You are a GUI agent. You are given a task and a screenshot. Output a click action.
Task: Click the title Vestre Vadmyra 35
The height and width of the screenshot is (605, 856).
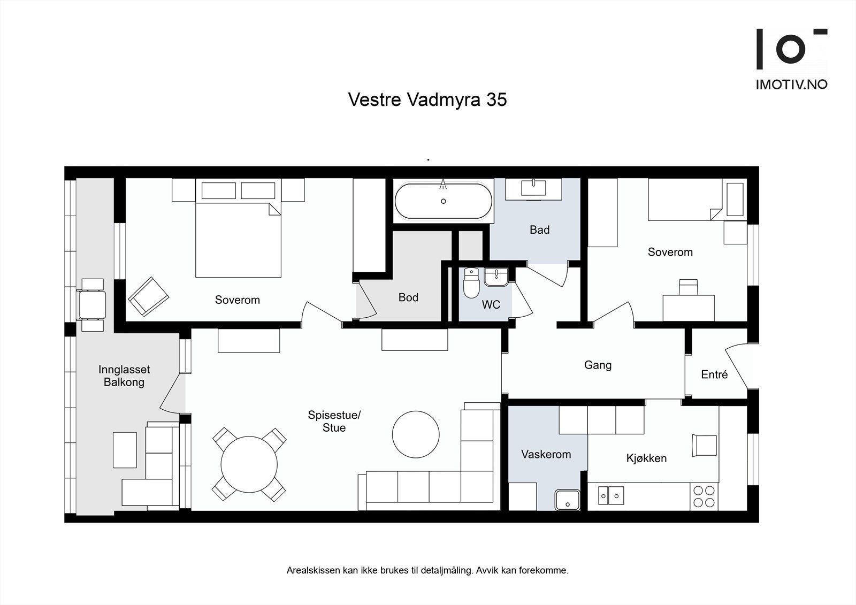click(427, 100)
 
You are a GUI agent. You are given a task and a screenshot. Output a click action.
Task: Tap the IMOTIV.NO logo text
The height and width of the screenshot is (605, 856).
click(791, 85)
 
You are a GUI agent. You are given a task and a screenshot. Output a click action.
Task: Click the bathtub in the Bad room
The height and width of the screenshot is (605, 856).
click(443, 201)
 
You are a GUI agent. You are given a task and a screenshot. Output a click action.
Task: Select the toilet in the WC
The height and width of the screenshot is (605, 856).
click(471, 283)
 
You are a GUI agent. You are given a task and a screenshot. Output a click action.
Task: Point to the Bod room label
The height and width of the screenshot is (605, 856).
click(408, 297)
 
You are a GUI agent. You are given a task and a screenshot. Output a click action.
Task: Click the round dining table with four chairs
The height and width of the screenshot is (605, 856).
click(249, 464)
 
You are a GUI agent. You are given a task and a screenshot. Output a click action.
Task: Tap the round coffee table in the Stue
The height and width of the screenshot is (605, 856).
click(416, 434)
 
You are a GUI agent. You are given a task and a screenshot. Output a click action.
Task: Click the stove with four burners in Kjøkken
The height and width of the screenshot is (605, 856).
click(704, 496)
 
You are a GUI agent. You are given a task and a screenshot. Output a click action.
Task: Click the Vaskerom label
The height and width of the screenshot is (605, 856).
click(546, 454)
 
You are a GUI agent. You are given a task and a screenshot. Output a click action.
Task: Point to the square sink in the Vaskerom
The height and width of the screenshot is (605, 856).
click(567, 500)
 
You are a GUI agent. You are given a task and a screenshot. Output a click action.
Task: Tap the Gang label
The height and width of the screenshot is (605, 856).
click(598, 365)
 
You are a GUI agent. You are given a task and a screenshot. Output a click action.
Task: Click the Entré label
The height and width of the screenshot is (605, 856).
click(714, 374)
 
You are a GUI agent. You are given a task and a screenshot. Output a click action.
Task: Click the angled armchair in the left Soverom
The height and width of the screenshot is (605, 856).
click(148, 296)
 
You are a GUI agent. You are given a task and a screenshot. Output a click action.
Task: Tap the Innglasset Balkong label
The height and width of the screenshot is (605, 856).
click(124, 376)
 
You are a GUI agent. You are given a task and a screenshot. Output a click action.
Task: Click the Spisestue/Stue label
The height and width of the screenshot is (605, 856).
click(334, 421)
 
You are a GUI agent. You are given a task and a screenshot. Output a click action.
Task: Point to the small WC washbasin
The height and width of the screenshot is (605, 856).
click(497, 277)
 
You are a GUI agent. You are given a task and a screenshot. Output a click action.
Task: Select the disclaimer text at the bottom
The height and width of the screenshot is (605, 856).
click(427, 570)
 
